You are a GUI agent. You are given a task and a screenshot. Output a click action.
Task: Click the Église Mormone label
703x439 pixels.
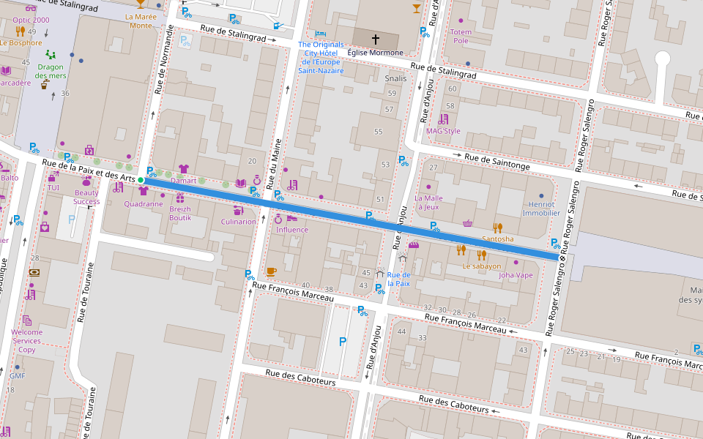[x=375, y=53]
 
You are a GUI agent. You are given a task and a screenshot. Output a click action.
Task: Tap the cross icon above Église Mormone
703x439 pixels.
[x=375, y=38]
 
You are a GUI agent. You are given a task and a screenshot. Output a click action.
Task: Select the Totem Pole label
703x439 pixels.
[x=461, y=37]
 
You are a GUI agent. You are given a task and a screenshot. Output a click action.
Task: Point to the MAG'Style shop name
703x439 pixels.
[x=443, y=131]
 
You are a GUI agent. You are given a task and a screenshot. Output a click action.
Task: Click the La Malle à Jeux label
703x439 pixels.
[x=428, y=203]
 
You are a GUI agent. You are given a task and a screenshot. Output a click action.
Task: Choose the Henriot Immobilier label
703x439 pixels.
[x=541, y=209]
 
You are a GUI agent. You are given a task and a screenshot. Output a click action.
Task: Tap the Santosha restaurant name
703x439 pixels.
[x=498, y=239]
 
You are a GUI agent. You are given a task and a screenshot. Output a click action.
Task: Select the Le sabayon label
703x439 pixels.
[x=481, y=266]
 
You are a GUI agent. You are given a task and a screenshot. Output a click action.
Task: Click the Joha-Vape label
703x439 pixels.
[x=516, y=275]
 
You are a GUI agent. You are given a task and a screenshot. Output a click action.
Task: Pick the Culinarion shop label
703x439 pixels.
[x=239, y=222]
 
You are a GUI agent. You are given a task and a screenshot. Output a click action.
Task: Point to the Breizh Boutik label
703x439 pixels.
[x=180, y=213]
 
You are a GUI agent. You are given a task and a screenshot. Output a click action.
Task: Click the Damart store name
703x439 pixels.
[x=183, y=180]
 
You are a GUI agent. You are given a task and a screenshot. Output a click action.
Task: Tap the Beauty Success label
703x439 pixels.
[x=86, y=197]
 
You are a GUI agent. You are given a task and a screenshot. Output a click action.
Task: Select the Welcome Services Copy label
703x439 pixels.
[x=27, y=341]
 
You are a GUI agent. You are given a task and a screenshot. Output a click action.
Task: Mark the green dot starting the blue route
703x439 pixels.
[x=141, y=179]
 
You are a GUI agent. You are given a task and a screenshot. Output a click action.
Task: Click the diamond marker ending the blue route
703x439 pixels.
[x=562, y=257]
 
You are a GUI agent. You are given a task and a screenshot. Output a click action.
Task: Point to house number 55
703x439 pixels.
[x=378, y=132]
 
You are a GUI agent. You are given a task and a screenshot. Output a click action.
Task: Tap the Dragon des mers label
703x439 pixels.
[x=51, y=71]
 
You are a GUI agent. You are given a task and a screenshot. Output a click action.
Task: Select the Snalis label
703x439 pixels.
[x=395, y=78]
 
